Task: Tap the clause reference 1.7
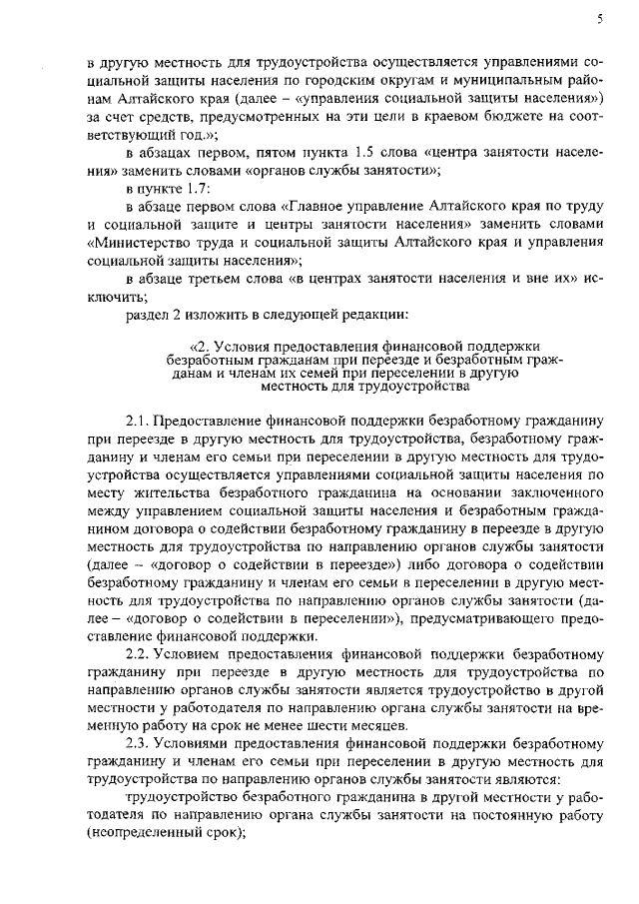click(x=185, y=188)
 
